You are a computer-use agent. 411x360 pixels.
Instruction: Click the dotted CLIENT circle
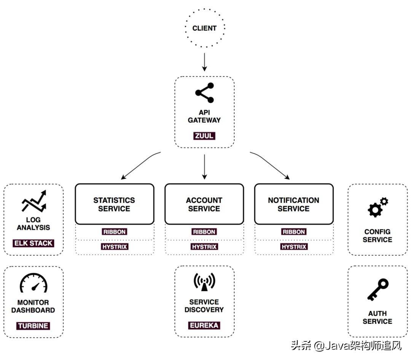204,28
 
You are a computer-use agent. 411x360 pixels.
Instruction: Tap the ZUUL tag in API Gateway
204,135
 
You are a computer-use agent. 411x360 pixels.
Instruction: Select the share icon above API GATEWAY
204,92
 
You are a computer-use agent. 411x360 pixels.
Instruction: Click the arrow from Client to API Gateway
204,62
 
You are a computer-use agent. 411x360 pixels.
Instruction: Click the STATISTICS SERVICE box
114,204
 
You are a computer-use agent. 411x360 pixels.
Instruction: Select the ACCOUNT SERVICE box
204,204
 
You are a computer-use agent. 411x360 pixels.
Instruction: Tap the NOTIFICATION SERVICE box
293,204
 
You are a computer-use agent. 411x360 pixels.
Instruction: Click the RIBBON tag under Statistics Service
114,231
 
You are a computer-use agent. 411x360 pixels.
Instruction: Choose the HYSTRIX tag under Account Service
204,247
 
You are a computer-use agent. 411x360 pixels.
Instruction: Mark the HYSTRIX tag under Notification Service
293,247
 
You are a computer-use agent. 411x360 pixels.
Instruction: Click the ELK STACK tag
33,243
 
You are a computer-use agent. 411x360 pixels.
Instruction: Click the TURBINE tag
33,326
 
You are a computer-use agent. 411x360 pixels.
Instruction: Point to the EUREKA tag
204,325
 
